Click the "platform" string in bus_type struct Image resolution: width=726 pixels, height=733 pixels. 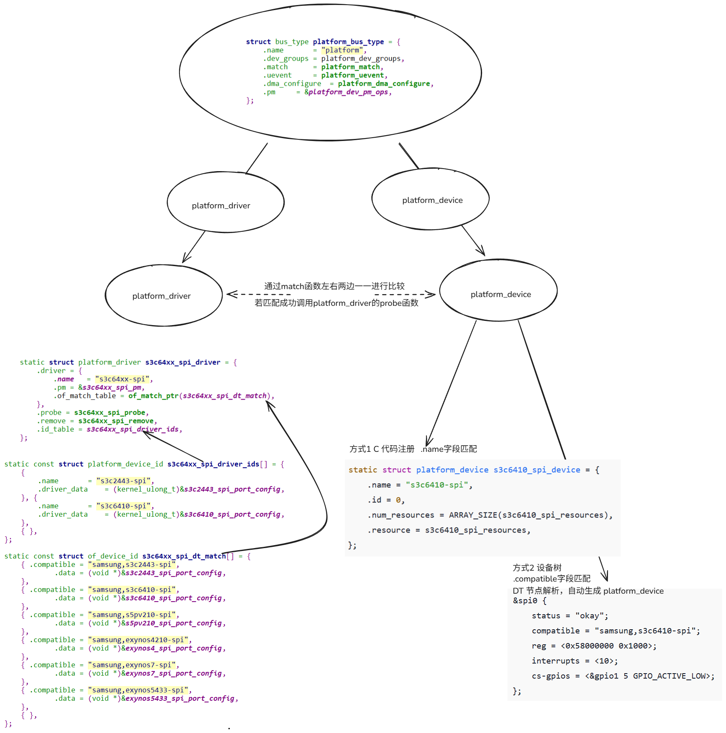[342, 50]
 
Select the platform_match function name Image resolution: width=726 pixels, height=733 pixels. [350, 67]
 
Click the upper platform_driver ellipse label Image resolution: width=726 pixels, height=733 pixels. [221, 206]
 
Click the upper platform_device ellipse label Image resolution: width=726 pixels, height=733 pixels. [432, 200]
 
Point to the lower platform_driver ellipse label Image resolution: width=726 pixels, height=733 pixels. [162, 296]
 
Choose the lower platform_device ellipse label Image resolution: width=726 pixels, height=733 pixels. [500, 295]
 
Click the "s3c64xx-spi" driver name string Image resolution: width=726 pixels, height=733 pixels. [122, 379]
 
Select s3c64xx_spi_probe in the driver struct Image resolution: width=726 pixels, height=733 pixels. [110, 413]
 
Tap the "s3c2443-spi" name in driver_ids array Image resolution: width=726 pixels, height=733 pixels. [123, 481]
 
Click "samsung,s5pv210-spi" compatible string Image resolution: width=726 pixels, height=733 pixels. [132, 615]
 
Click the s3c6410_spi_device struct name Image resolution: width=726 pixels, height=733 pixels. [537, 470]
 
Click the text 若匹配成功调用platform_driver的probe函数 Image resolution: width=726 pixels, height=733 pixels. [336, 303]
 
